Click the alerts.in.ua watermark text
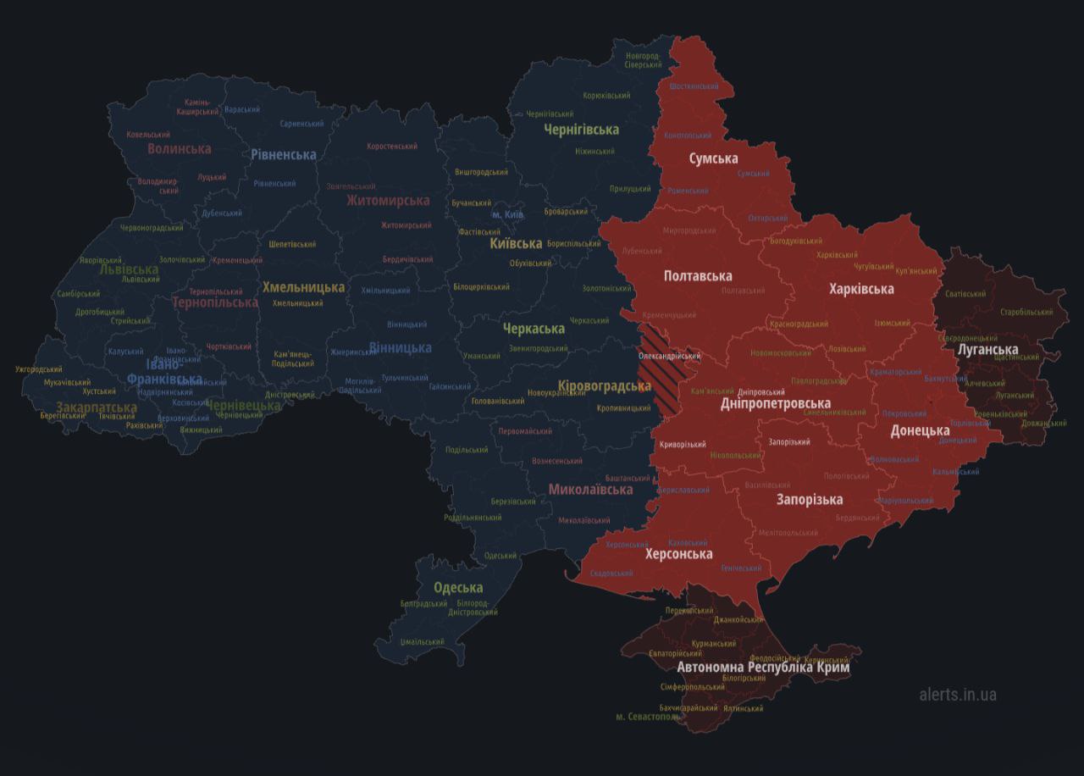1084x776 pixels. [958, 695]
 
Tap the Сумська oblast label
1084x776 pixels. [713, 158]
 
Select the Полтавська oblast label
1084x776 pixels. [698, 276]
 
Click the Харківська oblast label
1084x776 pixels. [861, 289]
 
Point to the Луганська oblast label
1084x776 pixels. [987, 349]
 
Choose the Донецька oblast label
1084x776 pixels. [920, 430]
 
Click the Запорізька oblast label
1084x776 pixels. [810, 499]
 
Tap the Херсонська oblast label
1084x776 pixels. [678, 554]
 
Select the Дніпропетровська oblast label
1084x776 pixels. [775, 403]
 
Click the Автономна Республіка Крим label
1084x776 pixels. [763, 668]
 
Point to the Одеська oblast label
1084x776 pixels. [458, 587]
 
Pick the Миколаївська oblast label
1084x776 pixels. [590, 490]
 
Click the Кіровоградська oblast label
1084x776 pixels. [605, 386]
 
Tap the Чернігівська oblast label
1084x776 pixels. [581, 129]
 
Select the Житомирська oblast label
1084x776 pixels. [387, 201]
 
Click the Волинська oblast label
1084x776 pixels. [180, 149]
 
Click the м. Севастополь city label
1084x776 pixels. [648, 717]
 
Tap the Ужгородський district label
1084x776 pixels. [39, 369]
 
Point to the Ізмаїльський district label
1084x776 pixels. [423, 642]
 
